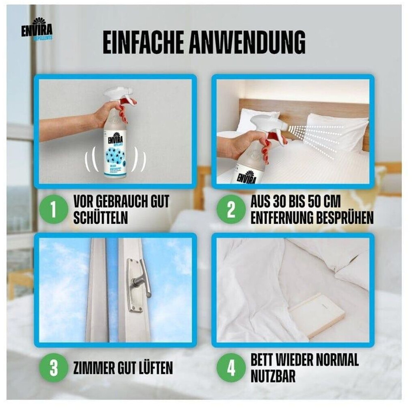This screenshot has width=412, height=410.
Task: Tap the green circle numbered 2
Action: point(231,210)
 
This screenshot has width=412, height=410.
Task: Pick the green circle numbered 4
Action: point(231,368)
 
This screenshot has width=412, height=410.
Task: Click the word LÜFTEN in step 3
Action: point(152,368)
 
